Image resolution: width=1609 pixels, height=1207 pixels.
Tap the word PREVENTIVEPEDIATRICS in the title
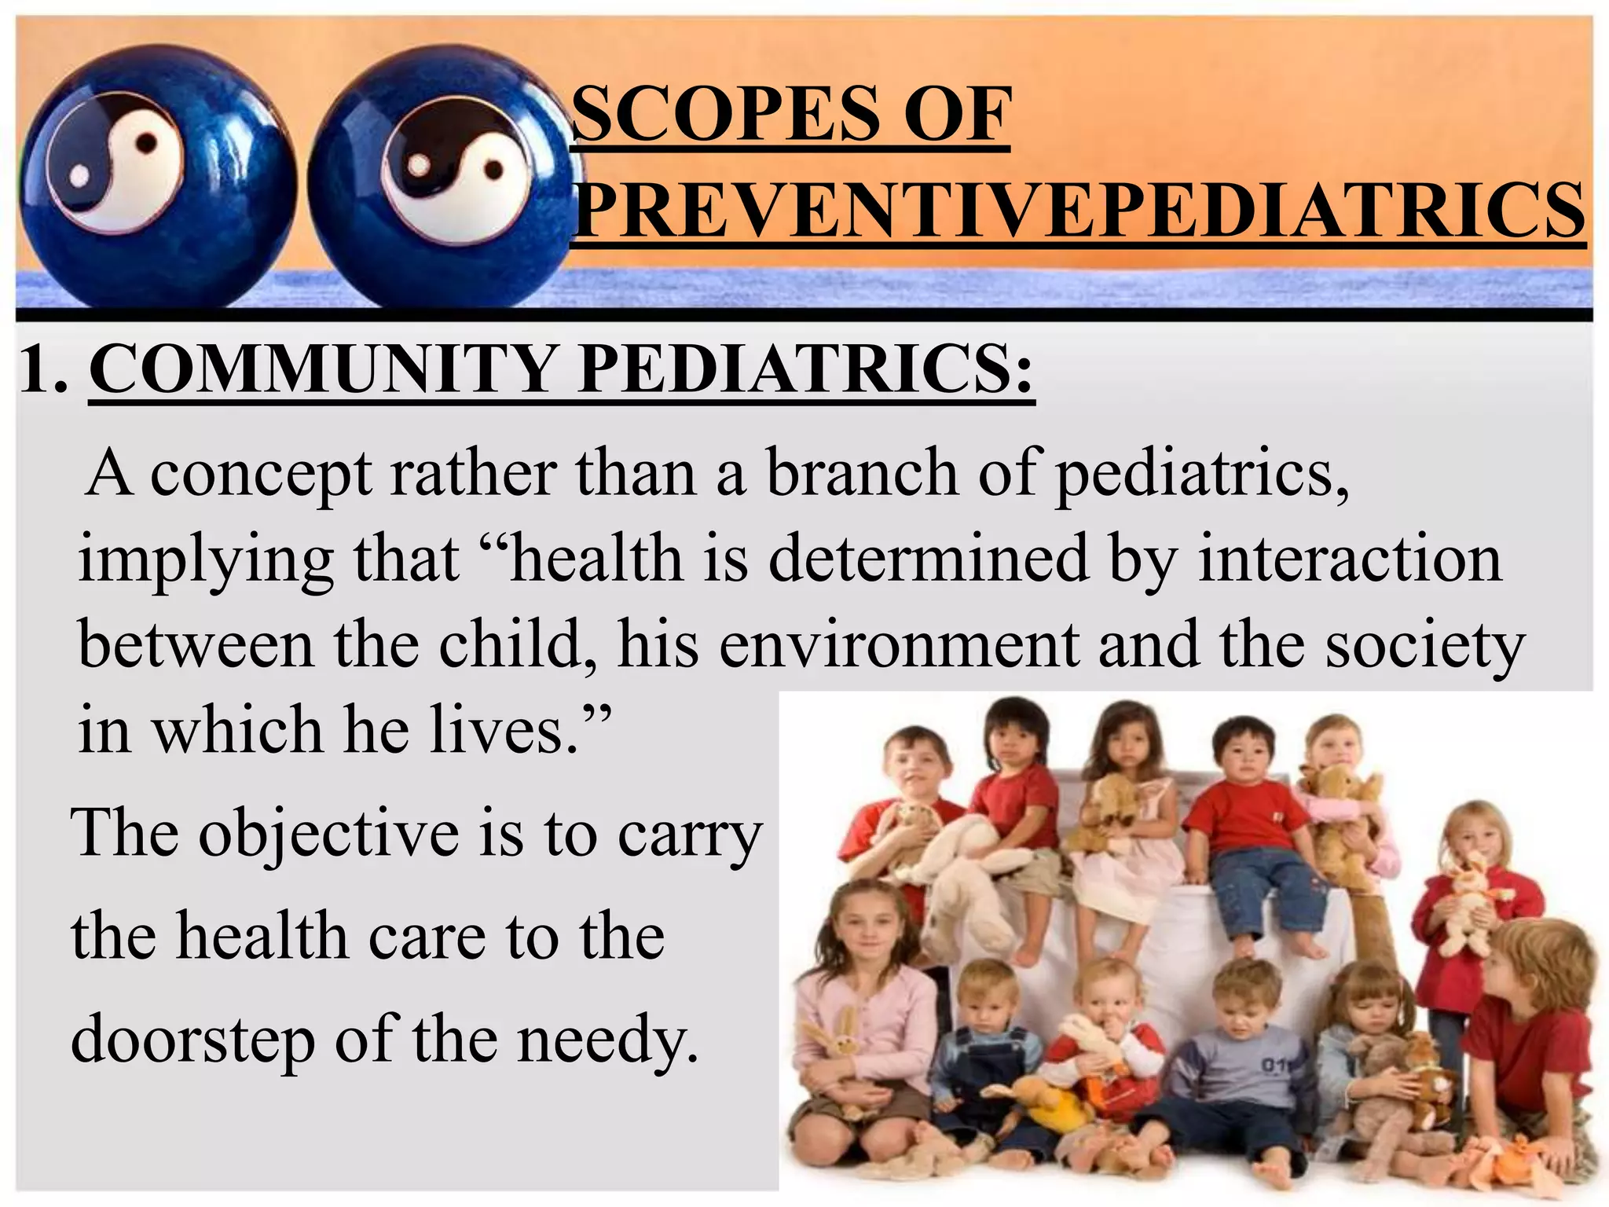[x=1078, y=210]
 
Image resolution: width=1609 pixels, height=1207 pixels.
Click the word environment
[x=899, y=644]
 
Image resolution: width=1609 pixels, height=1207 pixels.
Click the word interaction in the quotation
[x=1350, y=559]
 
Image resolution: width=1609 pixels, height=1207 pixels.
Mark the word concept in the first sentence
[x=261, y=476]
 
